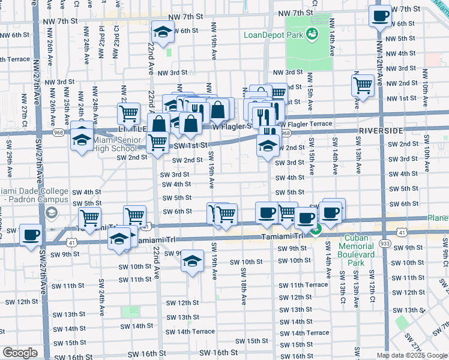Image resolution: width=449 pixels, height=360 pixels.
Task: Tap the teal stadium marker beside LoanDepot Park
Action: (312, 35)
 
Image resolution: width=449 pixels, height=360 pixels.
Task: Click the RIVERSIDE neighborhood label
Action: (383, 130)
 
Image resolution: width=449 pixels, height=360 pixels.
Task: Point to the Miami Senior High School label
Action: (114, 145)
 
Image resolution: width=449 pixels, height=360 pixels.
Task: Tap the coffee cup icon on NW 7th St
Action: (380, 16)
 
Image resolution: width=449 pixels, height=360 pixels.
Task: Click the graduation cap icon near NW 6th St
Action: (162, 31)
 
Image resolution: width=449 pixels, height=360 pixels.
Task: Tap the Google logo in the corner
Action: (20, 353)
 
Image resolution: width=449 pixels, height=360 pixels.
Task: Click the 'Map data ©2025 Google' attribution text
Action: (412, 355)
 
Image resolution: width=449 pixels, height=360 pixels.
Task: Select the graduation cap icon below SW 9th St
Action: (192, 261)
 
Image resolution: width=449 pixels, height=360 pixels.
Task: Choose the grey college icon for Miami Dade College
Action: (52, 212)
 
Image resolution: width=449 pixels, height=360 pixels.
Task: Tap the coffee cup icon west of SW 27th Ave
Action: (31, 235)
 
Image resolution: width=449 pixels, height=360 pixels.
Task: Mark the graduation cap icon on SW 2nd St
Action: (268, 145)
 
